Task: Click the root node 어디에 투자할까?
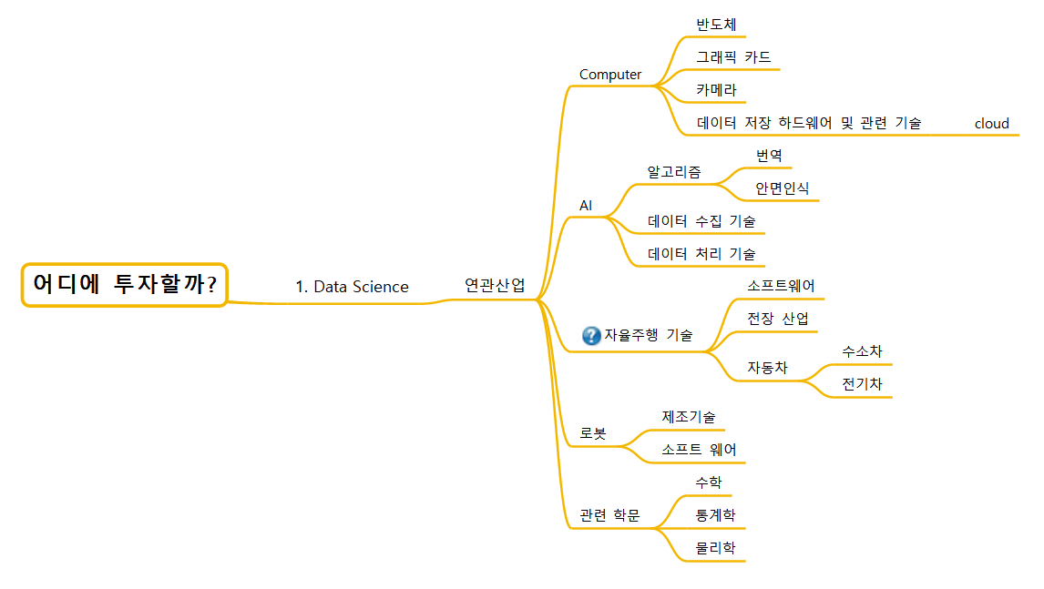pyautogui.click(x=124, y=285)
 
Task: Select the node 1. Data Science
pyautogui.click(x=352, y=287)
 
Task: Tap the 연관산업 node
pyautogui.click(x=495, y=285)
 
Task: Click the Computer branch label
pyautogui.click(x=610, y=75)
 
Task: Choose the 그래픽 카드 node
pyautogui.click(x=733, y=57)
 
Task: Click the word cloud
pyautogui.click(x=991, y=124)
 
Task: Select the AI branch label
pyautogui.click(x=586, y=206)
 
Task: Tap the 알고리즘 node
pyautogui.click(x=674, y=171)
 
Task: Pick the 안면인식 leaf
pyautogui.click(x=782, y=188)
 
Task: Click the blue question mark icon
pyautogui.click(x=591, y=335)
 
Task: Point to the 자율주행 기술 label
pyautogui.click(x=648, y=335)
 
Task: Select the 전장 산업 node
pyautogui.click(x=777, y=319)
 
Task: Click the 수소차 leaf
pyautogui.click(x=862, y=351)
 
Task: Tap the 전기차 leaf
pyautogui.click(x=862, y=384)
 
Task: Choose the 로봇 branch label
pyautogui.click(x=592, y=433)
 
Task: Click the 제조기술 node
pyautogui.click(x=688, y=417)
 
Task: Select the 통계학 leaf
pyautogui.click(x=715, y=515)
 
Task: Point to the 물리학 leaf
pyautogui.click(x=715, y=548)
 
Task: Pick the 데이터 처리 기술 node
pyautogui.click(x=701, y=254)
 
